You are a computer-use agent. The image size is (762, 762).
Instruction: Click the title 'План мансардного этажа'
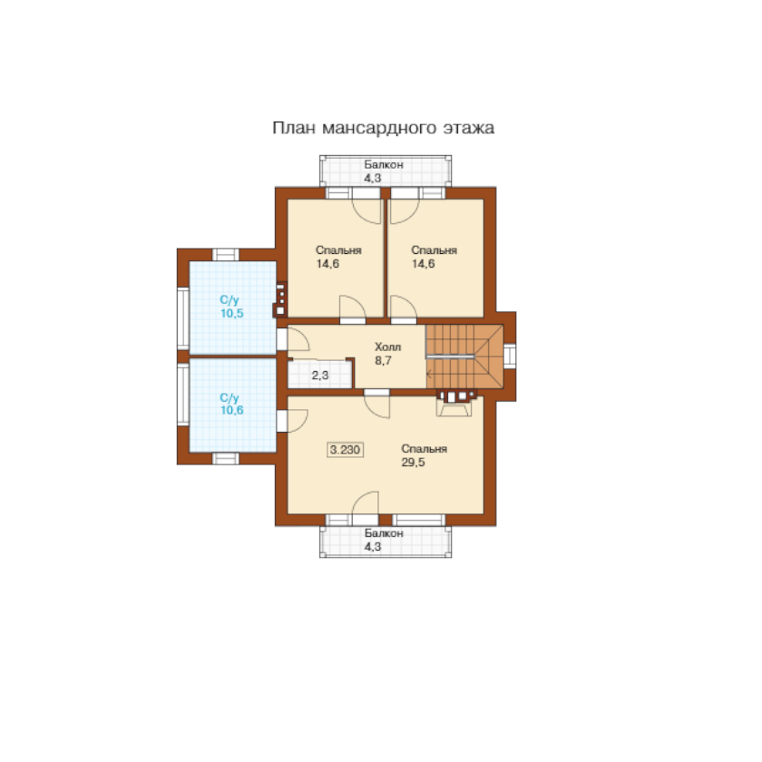point(383,128)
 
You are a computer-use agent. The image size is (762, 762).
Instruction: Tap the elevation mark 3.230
point(345,450)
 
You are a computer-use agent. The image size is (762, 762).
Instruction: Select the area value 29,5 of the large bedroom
point(413,462)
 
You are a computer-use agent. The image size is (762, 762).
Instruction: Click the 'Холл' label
point(388,347)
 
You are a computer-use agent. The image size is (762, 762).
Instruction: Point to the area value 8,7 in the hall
point(383,361)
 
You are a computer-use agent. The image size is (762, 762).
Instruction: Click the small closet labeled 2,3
point(320,374)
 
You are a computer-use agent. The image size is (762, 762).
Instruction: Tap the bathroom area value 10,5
point(232,314)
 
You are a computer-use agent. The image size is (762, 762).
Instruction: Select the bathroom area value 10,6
point(232,410)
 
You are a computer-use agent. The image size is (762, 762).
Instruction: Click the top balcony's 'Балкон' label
point(384,164)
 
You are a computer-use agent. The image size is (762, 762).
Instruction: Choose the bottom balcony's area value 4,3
point(373,546)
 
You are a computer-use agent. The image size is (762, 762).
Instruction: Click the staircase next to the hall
point(464,357)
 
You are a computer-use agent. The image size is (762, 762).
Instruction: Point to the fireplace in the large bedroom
point(454,403)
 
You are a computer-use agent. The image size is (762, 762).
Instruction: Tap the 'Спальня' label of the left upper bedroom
point(338,250)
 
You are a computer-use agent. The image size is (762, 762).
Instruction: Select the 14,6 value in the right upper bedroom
point(424,264)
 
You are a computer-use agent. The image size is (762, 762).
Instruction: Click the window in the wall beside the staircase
point(509,356)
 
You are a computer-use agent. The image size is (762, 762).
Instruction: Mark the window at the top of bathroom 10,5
point(226,255)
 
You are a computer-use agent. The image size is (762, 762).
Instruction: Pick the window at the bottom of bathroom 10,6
point(226,458)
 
